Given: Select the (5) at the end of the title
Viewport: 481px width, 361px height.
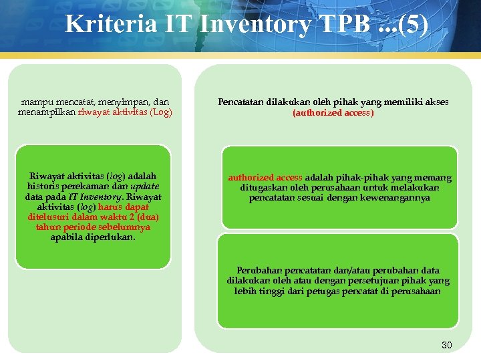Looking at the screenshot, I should (412, 25).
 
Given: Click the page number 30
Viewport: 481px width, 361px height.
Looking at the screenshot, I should (447, 345).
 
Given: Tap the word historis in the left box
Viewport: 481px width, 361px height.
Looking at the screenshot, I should (44, 187).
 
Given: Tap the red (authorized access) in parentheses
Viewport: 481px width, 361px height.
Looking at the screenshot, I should (333, 113).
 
